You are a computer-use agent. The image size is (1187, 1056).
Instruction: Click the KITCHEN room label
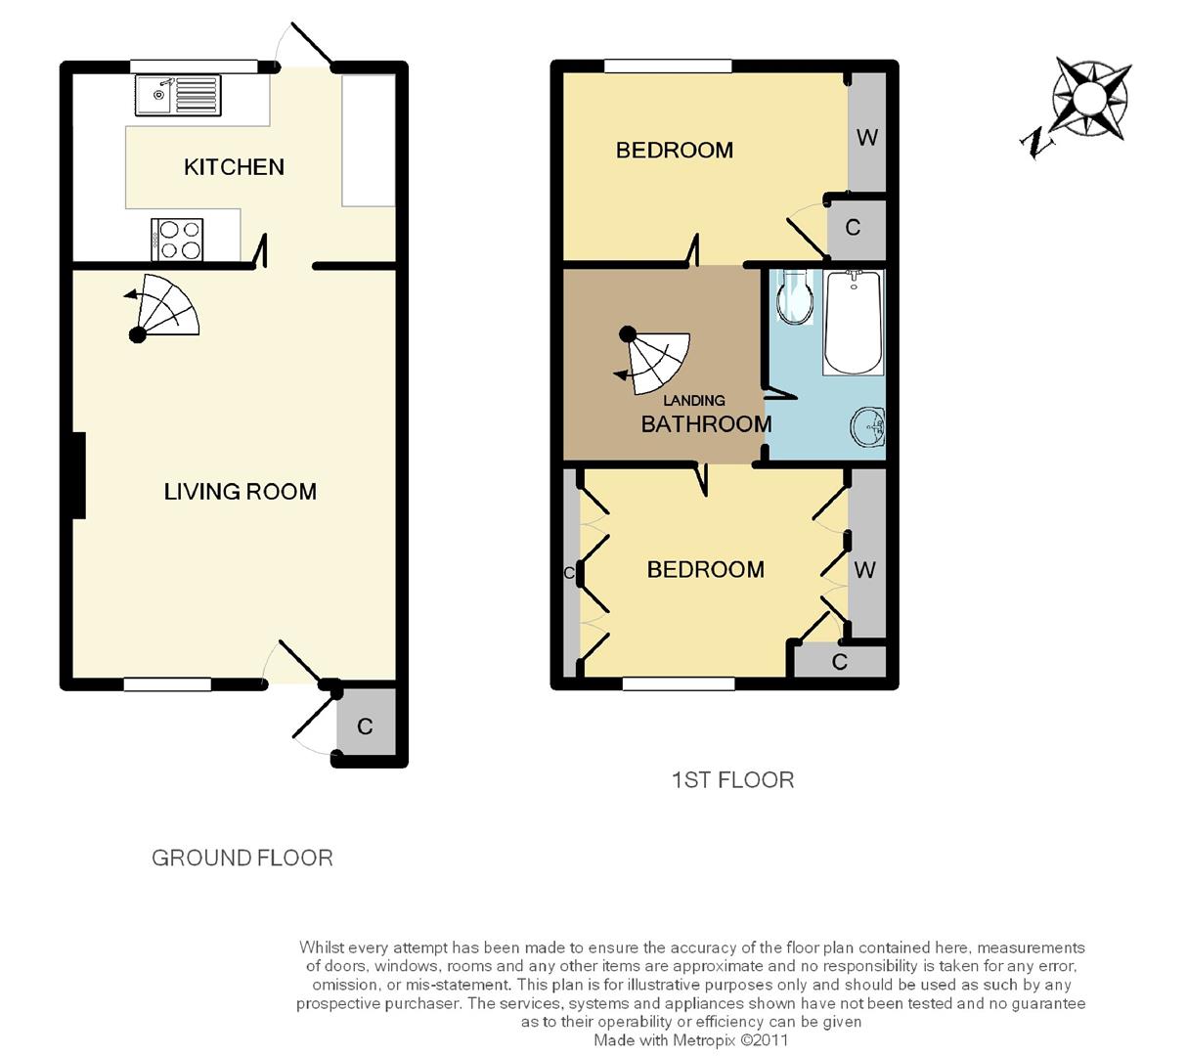[234, 167]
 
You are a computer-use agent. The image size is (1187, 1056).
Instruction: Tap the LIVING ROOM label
[240, 492]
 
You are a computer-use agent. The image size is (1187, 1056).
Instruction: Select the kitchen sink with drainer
[178, 96]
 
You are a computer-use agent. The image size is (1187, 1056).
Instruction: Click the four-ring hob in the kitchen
[177, 240]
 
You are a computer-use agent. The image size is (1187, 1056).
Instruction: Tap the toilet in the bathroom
[794, 297]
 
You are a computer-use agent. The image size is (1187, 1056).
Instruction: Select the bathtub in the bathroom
[853, 322]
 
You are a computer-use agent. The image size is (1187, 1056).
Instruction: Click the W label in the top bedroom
[866, 138]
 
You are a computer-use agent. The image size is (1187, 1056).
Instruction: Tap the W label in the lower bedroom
[864, 569]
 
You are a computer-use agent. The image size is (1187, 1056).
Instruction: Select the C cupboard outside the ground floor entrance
[365, 726]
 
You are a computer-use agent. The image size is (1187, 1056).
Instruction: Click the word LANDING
[693, 401]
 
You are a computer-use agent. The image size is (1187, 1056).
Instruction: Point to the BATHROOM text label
[706, 424]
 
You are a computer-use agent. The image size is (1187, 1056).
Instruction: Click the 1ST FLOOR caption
[732, 780]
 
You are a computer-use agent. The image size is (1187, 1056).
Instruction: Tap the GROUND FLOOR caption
[242, 858]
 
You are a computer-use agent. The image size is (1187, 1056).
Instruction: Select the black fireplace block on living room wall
[78, 475]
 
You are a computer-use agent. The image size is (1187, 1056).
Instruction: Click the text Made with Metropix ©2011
[690, 1040]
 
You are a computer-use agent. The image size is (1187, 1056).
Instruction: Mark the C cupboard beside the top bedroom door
[853, 228]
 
